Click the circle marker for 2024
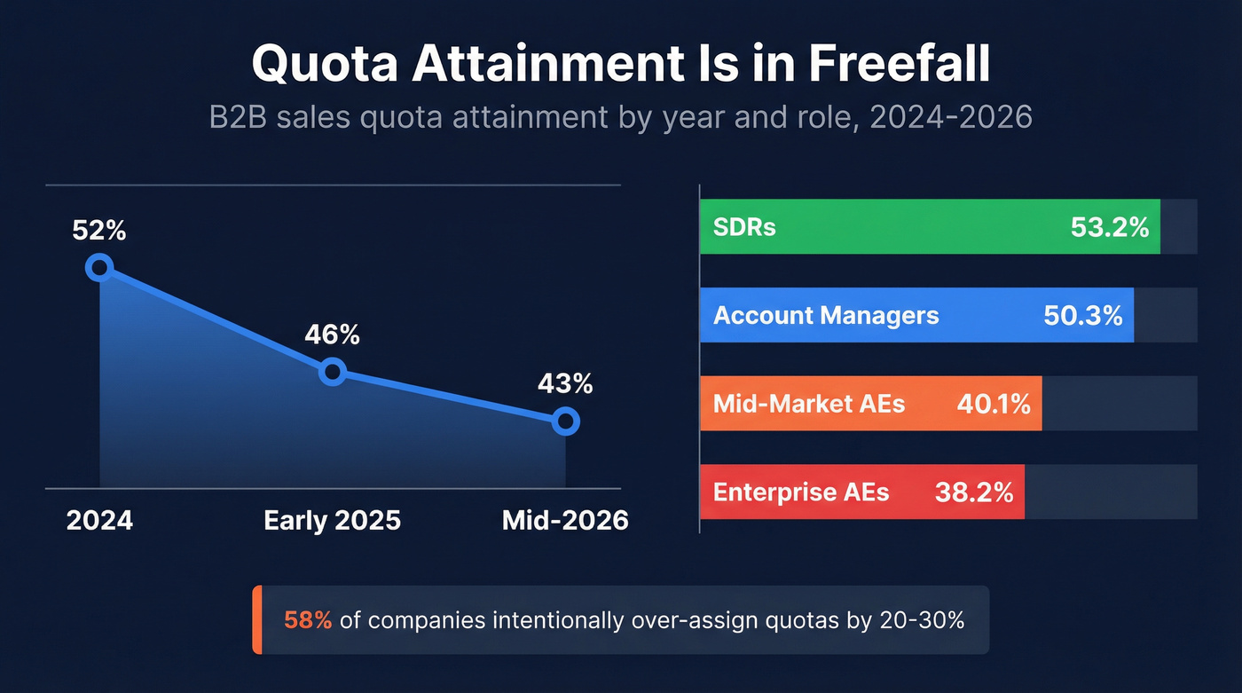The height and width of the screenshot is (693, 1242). click(x=99, y=267)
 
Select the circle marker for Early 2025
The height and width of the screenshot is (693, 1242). click(x=333, y=372)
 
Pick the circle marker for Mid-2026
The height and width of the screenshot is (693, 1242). click(x=565, y=421)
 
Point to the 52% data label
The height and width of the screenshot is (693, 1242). click(x=99, y=231)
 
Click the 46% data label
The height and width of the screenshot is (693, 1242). click(x=333, y=335)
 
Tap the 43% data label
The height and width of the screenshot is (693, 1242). click(x=565, y=384)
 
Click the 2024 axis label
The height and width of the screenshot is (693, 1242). click(x=99, y=520)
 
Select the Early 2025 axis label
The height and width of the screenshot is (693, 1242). click(x=333, y=520)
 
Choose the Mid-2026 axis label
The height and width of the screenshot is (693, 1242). click(x=565, y=520)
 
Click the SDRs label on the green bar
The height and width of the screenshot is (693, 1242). click(x=744, y=227)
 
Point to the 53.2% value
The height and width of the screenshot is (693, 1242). click(x=1110, y=227)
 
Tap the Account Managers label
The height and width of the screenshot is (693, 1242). click(x=826, y=315)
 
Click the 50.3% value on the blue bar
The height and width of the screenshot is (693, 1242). click(x=1083, y=315)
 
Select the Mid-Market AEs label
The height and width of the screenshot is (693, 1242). click(x=809, y=404)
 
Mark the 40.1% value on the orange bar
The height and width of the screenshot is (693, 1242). click(x=994, y=404)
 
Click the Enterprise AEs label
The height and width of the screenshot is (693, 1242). click(x=801, y=492)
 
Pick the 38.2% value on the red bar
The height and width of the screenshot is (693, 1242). click(x=974, y=492)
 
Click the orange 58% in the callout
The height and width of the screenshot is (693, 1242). click(x=308, y=620)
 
